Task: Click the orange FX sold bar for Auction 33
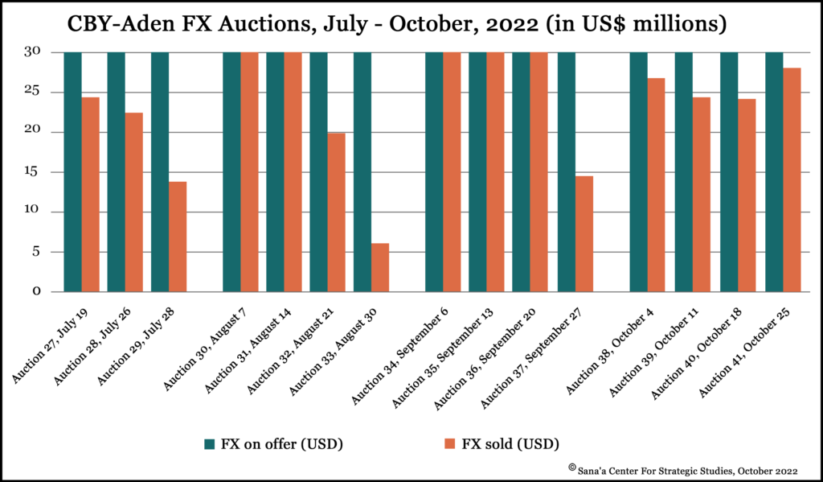pos(380,267)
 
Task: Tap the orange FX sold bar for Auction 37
pos(584,233)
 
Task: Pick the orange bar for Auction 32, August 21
pos(337,212)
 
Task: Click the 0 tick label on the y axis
pos(37,292)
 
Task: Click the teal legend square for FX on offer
pos(210,443)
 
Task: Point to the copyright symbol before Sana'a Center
pos(572,466)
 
